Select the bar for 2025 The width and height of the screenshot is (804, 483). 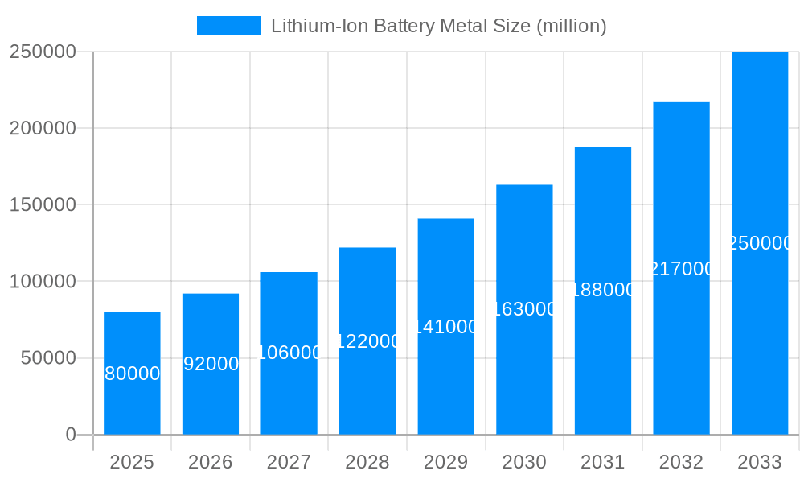[x=132, y=402]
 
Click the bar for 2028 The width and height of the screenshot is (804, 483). [x=367, y=386]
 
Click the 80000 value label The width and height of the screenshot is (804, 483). [x=133, y=374]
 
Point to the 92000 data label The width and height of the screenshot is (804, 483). [x=211, y=364]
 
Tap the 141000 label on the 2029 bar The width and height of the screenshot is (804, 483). [x=446, y=327]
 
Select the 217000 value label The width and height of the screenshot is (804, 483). [x=681, y=269]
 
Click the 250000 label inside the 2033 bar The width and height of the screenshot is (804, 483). [x=760, y=243]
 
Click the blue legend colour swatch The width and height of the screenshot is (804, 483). [x=229, y=26]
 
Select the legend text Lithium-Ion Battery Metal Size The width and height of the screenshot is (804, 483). [x=438, y=26]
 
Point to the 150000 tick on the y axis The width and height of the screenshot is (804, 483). [x=42, y=205]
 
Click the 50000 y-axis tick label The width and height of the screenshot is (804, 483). [x=47, y=358]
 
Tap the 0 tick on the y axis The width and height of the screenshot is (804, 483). [x=70, y=435]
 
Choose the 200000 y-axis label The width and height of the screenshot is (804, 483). [x=42, y=129]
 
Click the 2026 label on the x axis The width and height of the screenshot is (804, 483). [x=211, y=462]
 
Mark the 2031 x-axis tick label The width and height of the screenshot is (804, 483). [x=603, y=462]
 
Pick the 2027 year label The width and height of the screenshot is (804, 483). [x=289, y=462]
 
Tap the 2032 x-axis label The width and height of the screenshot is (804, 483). [x=681, y=462]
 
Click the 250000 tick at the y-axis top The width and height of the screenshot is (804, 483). [x=42, y=52]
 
